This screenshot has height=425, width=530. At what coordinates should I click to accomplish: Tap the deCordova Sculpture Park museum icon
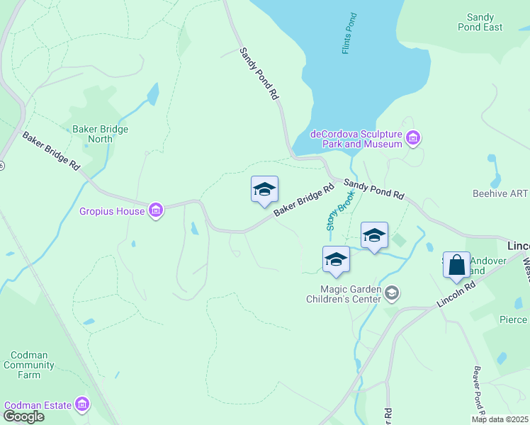tap(414, 137)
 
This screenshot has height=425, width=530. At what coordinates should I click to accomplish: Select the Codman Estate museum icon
tap(83, 404)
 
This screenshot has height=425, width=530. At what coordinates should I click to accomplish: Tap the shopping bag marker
tap(457, 266)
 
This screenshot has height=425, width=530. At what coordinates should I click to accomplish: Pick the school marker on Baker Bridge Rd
tap(264, 190)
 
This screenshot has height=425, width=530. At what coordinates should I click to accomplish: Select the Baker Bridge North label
tap(100, 135)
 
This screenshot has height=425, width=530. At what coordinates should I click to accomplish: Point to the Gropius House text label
tap(112, 211)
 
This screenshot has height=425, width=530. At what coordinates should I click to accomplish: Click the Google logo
tap(23, 416)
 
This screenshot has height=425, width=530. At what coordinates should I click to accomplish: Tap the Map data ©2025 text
tap(500, 419)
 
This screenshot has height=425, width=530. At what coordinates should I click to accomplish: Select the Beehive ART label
tap(500, 193)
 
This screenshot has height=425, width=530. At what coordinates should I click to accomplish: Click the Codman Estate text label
tap(38, 405)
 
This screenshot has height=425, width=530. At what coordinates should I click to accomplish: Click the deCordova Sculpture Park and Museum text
tap(356, 139)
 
